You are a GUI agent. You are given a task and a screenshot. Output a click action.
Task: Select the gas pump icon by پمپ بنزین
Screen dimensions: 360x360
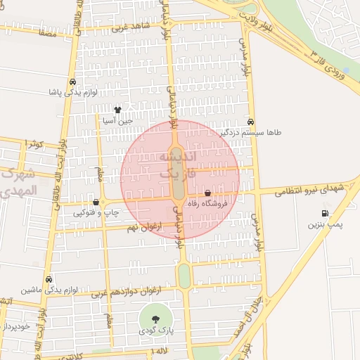(x=324, y=213)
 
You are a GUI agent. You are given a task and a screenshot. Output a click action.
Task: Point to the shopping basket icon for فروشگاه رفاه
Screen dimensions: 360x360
(x=208, y=193)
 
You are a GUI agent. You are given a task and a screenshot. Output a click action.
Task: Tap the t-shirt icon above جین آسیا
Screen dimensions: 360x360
(x=117, y=110)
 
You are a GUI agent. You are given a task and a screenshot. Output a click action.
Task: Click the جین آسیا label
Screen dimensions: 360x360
(x=117, y=121)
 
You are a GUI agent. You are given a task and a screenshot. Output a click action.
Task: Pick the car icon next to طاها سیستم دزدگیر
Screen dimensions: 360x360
(x=251, y=121)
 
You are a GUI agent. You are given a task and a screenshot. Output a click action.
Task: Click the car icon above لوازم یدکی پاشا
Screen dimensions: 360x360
(x=73, y=81)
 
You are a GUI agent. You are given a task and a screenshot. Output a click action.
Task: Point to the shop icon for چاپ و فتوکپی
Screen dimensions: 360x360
(x=96, y=202)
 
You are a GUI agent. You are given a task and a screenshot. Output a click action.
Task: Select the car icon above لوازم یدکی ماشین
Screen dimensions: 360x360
(x=49, y=278)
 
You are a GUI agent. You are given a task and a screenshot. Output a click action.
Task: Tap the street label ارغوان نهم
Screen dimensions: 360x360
(x=146, y=226)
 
